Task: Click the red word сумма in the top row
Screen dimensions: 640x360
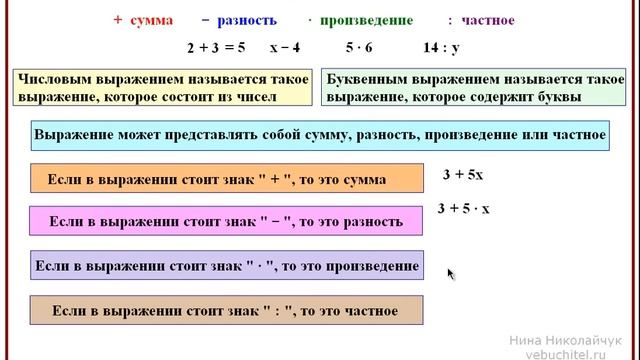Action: point(153,20)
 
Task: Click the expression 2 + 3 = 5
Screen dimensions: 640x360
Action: point(215,46)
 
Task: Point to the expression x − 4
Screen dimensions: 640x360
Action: point(292,46)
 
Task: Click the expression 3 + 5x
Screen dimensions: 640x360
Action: point(463,174)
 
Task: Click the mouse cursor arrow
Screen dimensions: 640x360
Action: point(451,273)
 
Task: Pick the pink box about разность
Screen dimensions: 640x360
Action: point(226,221)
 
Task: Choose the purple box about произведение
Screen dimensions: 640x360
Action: point(226,266)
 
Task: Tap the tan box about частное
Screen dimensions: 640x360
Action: point(225,311)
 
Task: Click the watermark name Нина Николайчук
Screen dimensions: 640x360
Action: point(565,340)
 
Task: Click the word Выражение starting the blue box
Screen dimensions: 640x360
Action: point(71,134)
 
